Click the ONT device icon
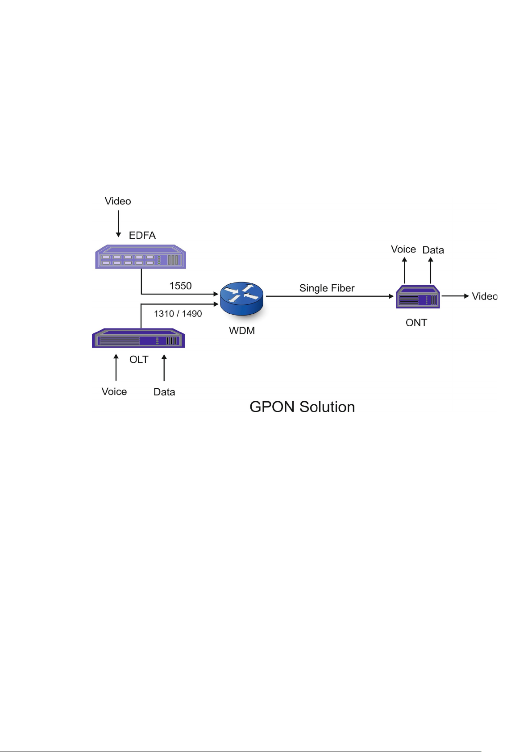[418, 297]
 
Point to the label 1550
[180, 286]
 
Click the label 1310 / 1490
[178, 314]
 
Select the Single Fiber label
[327, 288]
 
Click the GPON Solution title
[302, 407]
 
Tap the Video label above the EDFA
[118, 201]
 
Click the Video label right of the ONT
[484, 296]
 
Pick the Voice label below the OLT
[114, 392]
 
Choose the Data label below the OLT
[164, 392]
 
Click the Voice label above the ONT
[403, 249]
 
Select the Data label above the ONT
[433, 250]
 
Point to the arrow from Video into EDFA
[118, 224]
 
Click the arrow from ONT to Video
[455, 296]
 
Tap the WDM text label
[242, 331]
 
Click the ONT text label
[416, 323]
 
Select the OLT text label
[139, 360]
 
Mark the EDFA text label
[142, 236]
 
